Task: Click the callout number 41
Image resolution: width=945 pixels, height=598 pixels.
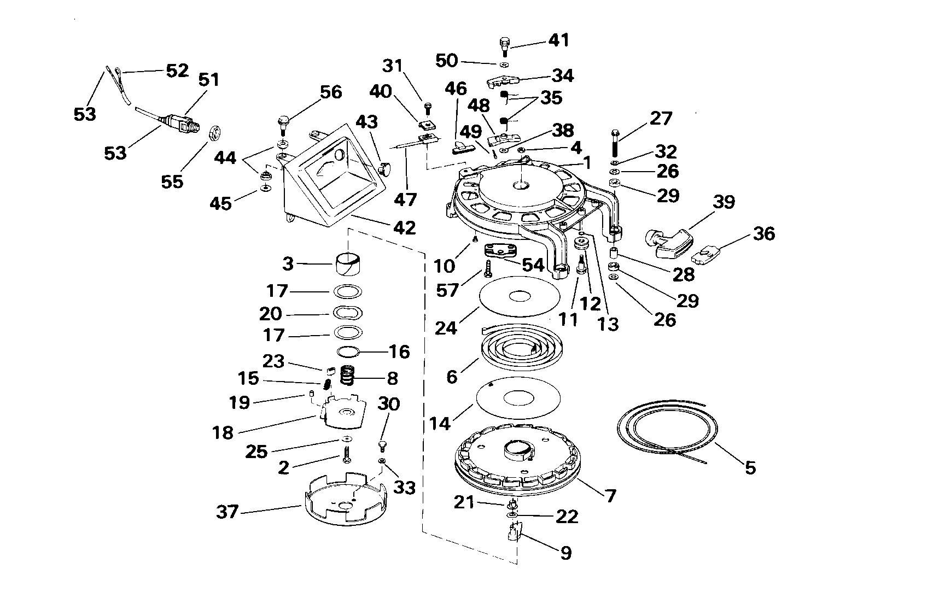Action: tap(559, 40)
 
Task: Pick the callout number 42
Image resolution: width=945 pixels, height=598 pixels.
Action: tap(405, 227)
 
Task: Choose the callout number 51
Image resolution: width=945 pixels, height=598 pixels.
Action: tap(208, 79)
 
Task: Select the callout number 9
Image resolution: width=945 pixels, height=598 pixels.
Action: tap(566, 553)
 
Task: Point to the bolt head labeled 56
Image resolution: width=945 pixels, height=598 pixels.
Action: tap(283, 120)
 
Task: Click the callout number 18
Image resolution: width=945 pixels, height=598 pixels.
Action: tap(223, 432)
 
